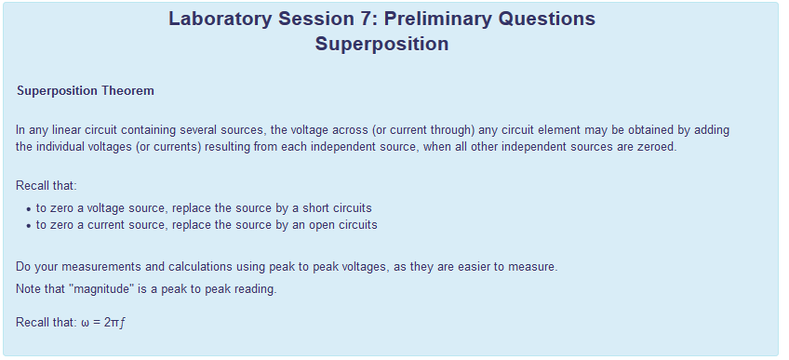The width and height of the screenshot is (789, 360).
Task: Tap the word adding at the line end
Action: click(x=712, y=130)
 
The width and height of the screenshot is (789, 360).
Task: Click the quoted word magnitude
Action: click(x=103, y=289)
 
